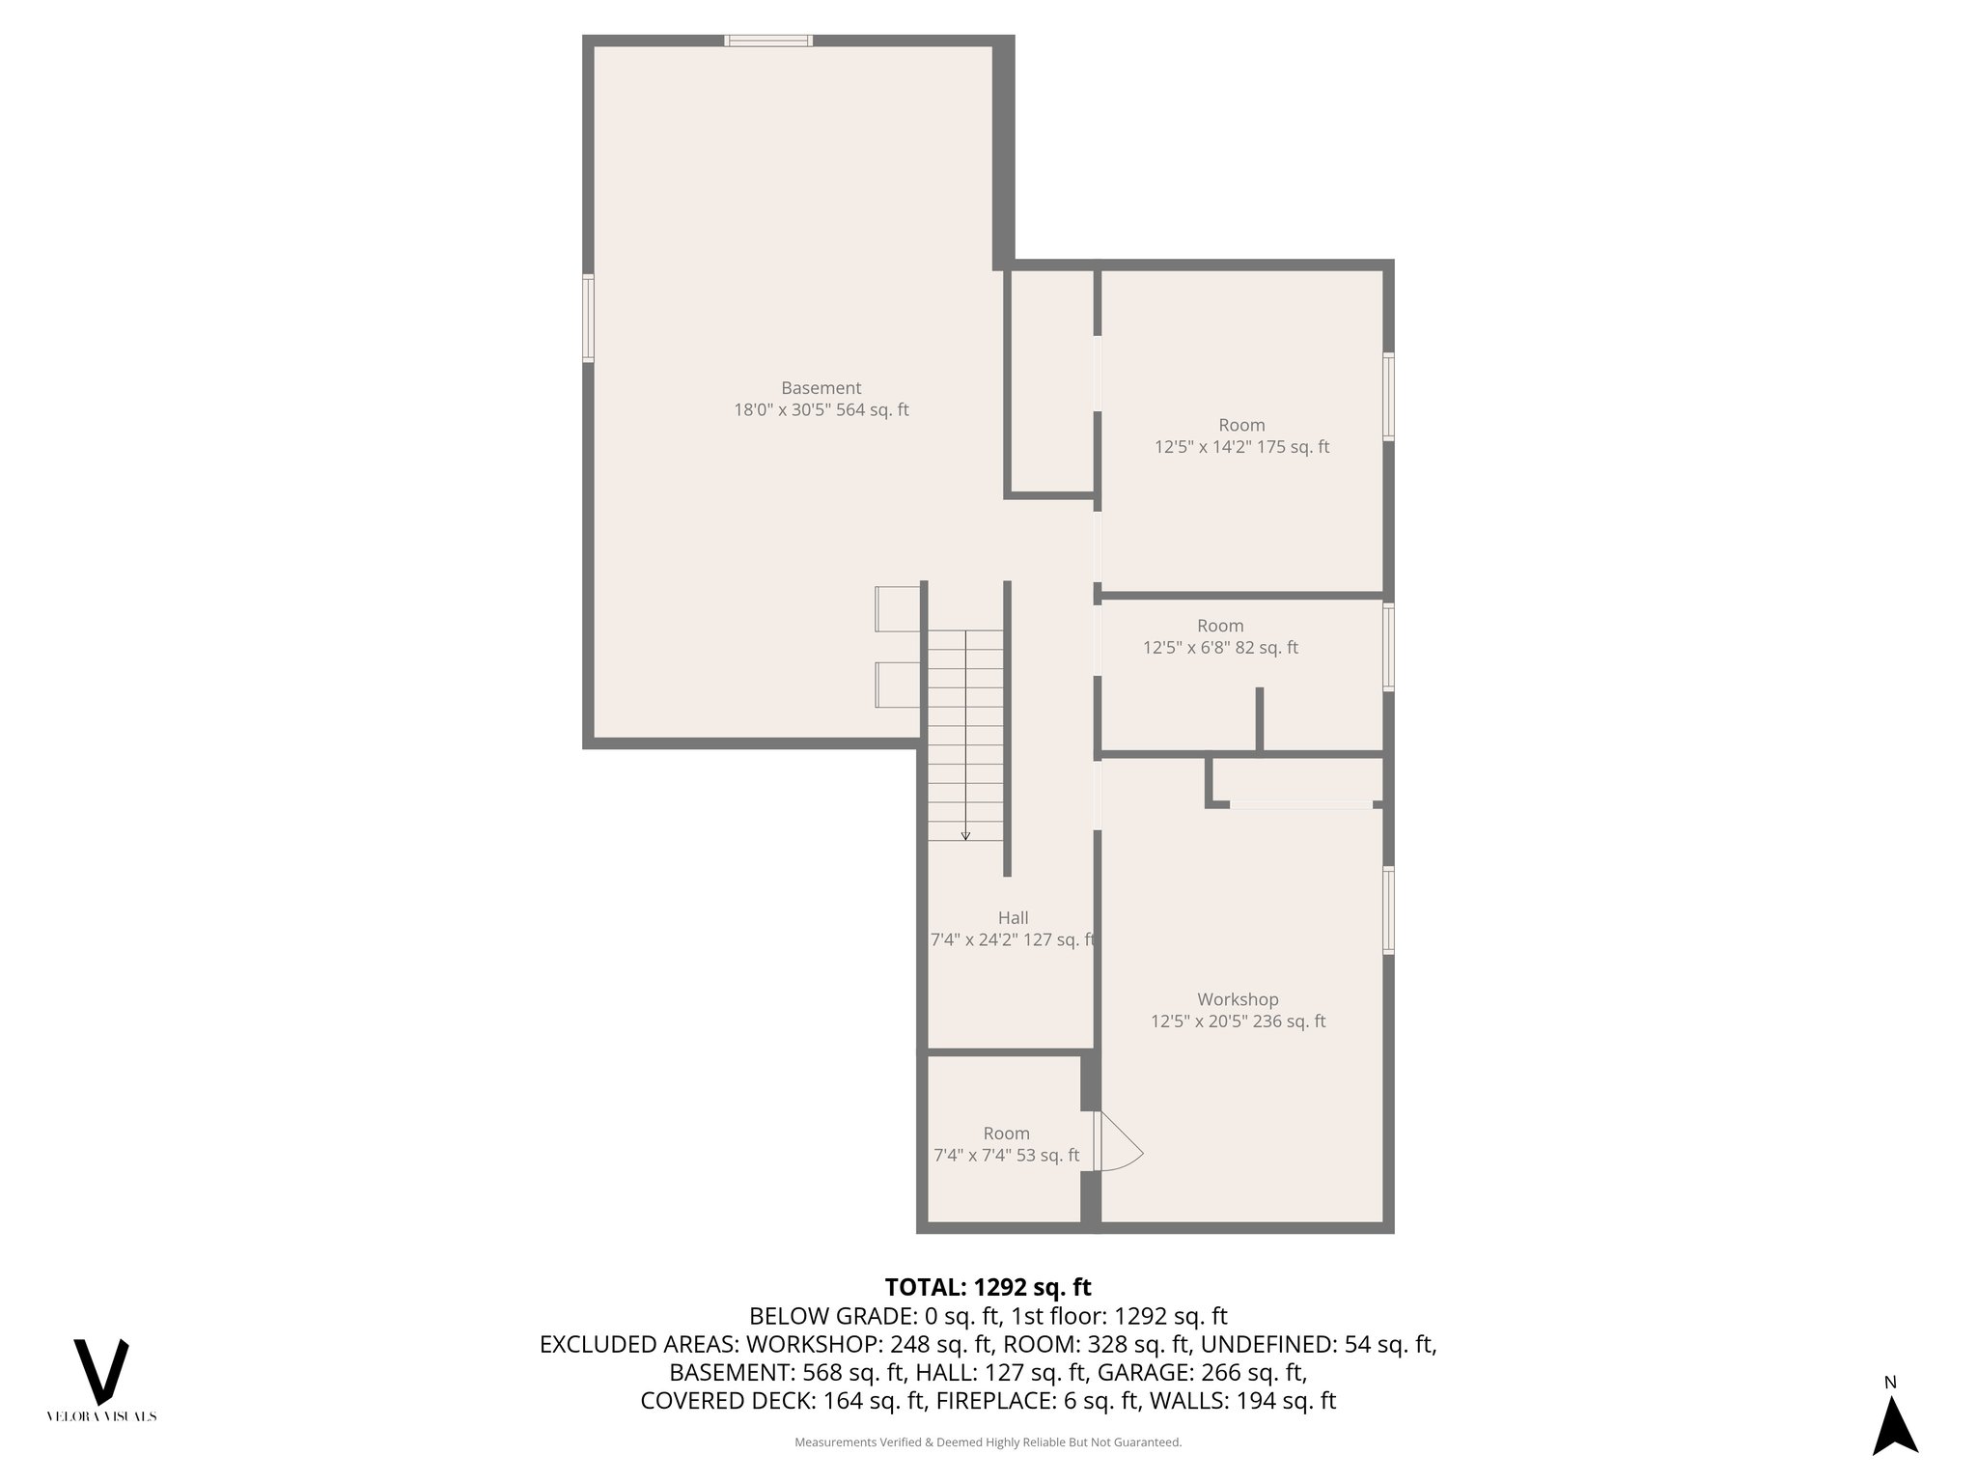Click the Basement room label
[x=821, y=388]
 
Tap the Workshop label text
[x=1238, y=999]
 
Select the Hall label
[x=1013, y=918]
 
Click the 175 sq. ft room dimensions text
[x=1241, y=447]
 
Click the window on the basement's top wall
[x=768, y=41]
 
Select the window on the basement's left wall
[x=588, y=319]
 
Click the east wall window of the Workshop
[x=1388, y=910]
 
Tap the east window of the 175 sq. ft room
[x=1388, y=397]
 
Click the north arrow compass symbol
[x=1894, y=1426]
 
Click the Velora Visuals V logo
[x=101, y=1371]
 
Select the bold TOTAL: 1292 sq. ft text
[x=988, y=1287]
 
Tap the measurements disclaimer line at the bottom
[x=988, y=1442]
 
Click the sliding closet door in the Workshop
[x=1300, y=804]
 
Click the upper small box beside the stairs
[x=897, y=608]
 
